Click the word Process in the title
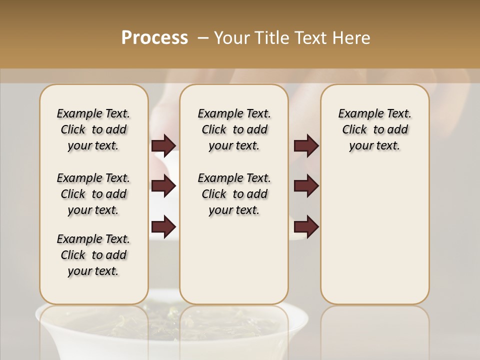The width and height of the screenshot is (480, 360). pos(154,38)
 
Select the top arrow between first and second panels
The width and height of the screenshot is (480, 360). pos(163,145)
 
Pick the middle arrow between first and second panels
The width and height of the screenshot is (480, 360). pos(163,186)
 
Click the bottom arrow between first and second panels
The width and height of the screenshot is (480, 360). pos(163,226)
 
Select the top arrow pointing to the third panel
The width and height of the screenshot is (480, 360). pos(306,145)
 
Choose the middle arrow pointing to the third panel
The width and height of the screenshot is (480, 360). pos(306,186)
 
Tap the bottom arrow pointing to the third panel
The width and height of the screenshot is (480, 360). pos(306,226)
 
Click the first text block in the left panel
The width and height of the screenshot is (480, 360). pos(93,129)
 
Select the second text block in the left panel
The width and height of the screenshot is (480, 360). pos(93,194)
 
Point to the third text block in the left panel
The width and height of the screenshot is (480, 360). pos(93,255)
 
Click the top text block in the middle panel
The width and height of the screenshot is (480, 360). pos(234,129)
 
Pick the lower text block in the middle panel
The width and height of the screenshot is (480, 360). pos(234,194)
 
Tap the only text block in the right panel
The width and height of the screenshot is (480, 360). pos(374,129)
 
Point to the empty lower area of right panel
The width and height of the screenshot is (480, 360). pos(374,235)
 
